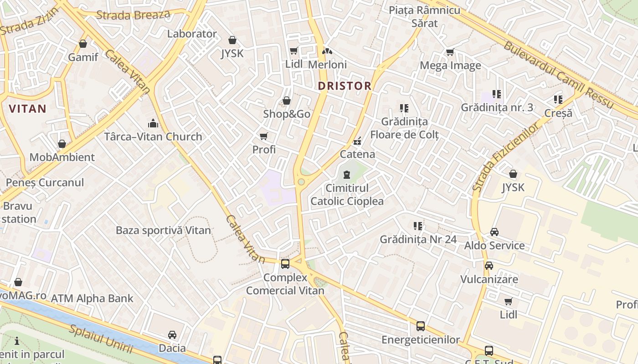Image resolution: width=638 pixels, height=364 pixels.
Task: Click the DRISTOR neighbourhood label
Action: point(345,86)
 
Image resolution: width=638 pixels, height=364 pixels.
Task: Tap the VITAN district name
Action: point(28,109)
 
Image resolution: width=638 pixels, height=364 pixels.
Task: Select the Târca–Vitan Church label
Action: point(153,136)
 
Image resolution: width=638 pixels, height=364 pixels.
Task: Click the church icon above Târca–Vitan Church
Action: point(153,123)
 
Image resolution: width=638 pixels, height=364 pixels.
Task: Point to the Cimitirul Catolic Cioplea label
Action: point(347,195)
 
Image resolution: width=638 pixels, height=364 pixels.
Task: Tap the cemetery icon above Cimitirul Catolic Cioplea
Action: point(347,174)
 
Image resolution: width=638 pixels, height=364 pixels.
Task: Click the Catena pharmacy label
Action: point(358,154)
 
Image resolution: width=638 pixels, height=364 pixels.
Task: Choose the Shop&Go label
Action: point(287,114)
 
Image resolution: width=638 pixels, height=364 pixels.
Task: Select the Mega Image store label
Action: point(450,66)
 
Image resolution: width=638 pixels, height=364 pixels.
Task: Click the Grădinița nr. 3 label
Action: point(497,108)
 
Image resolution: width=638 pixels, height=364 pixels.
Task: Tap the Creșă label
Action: point(558,113)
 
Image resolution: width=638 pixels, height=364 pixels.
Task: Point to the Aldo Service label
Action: point(494,246)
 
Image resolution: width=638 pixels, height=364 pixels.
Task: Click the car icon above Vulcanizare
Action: point(489,266)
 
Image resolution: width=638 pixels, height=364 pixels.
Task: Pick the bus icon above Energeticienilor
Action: point(421,326)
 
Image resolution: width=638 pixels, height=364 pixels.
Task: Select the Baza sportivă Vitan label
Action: point(163,230)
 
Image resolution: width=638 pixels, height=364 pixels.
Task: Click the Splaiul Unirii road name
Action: point(101,339)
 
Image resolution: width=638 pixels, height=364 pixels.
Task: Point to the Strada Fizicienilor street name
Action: point(505,157)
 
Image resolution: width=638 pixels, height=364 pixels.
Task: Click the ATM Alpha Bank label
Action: point(92,298)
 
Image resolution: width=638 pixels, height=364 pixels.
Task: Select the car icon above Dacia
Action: point(172,335)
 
